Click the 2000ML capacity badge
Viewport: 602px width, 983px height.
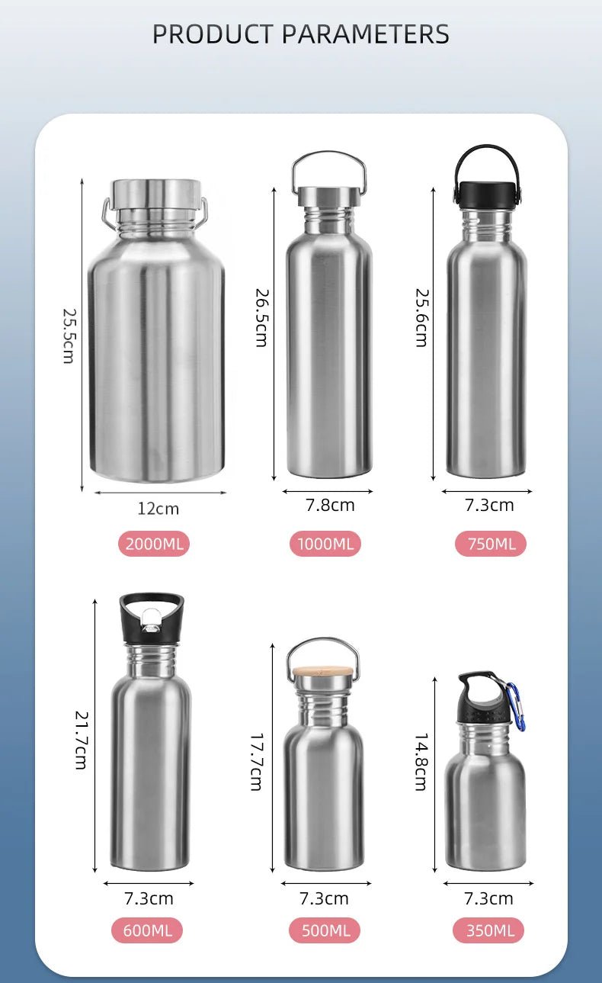pyautogui.click(x=154, y=544)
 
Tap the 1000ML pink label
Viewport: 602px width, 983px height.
pyautogui.click(x=325, y=544)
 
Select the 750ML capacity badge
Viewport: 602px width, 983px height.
pyautogui.click(x=491, y=544)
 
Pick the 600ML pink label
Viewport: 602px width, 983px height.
pyautogui.click(x=148, y=930)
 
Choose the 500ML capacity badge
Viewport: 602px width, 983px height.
pyautogui.click(x=325, y=930)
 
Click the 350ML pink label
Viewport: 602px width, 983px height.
pyautogui.click(x=489, y=930)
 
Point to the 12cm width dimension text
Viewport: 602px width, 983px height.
pyautogui.click(x=159, y=509)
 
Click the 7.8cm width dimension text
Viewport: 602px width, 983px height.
pyautogui.click(x=330, y=505)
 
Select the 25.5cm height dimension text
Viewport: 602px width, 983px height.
pyautogui.click(x=69, y=335)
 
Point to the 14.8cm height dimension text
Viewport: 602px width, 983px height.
pyautogui.click(x=421, y=762)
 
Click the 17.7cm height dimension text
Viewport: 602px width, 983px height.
pyautogui.click(x=257, y=762)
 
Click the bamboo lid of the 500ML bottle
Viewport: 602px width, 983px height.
pyautogui.click(x=323, y=673)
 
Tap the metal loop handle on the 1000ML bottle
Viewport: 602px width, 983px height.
pyautogui.click(x=328, y=162)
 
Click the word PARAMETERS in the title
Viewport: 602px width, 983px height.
pyautogui.click(x=366, y=34)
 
